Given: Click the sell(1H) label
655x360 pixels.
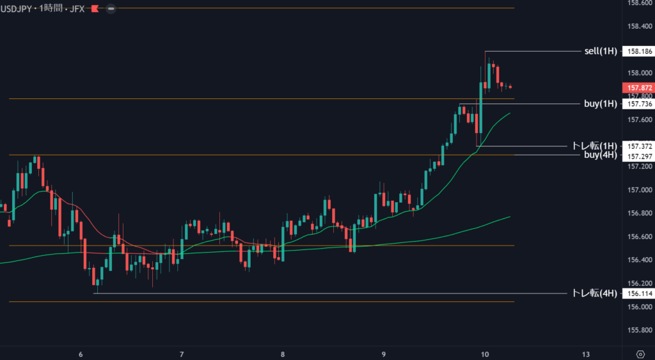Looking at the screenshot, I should click(x=601, y=51).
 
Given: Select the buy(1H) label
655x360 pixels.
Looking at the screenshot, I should click(x=601, y=104).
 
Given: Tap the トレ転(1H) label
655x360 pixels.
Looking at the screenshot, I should click(x=594, y=146).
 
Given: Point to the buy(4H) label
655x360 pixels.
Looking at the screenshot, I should click(x=601, y=155).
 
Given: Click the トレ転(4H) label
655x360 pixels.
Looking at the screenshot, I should click(x=594, y=293).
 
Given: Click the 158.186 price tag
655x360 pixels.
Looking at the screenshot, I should click(x=640, y=51).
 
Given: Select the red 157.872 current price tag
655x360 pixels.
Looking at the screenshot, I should click(x=640, y=88).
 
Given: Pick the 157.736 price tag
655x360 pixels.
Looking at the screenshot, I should click(x=640, y=104).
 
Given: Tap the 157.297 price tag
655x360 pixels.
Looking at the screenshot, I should click(x=640, y=157).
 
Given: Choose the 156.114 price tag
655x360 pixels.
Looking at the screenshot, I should click(x=640, y=293).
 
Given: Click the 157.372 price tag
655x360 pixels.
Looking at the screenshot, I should click(x=640, y=146).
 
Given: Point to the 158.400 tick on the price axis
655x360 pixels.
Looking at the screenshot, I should click(x=640, y=26).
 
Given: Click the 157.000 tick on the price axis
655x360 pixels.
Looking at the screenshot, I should click(x=640, y=190).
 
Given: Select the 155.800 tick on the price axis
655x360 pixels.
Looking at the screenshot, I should click(x=640, y=330).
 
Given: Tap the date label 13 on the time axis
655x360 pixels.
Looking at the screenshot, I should click(x=586, y=354).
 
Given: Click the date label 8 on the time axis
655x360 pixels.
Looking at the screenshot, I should click(x=283, y=354).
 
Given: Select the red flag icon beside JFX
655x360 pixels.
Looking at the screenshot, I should click(x=95, y=9).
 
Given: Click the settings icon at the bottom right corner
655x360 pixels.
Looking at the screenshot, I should click(x=640, y=354).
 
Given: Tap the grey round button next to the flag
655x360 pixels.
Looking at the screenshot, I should click(x=111, y=9).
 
